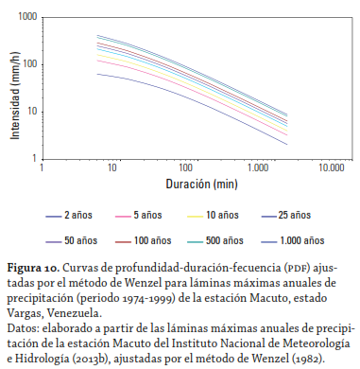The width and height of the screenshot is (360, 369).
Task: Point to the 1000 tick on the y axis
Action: pyautogui.click(x=28, y=18)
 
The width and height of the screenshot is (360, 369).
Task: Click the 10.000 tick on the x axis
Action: pyautogui.click(x=330, y=167)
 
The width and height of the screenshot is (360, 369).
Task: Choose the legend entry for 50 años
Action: pyautogui.click(x=82, y=239)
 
